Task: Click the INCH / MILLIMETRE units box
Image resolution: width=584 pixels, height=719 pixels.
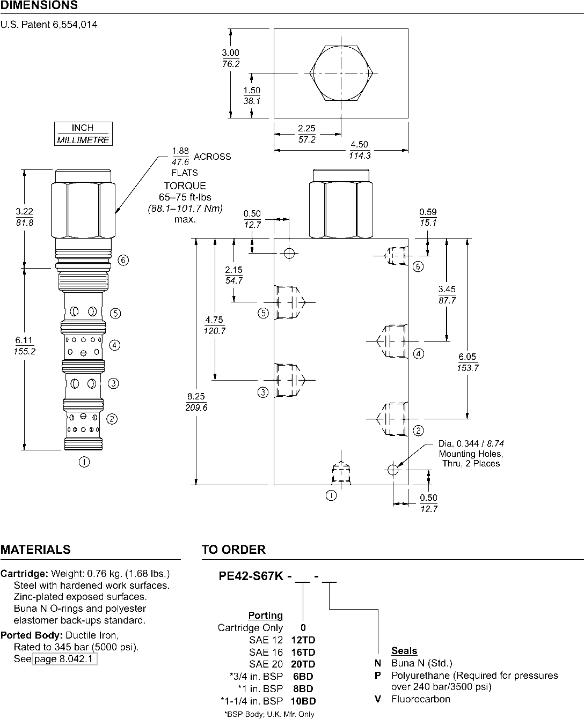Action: pos(83,134)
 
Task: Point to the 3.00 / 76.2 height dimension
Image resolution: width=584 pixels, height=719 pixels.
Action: pos(230,58)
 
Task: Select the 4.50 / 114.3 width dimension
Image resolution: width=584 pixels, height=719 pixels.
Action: pos(359,150)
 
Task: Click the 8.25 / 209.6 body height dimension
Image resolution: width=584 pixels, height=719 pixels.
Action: pos(196,402)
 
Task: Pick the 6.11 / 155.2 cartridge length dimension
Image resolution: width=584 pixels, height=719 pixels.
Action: pos(24,346)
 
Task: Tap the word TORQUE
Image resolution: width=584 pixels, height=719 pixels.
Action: pos(185,186)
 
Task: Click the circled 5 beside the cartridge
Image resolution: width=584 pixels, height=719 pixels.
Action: pos(115,314)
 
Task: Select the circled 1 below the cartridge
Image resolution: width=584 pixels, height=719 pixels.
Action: pos(84,462)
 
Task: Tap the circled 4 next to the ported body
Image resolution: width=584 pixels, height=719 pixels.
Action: pos(418,354)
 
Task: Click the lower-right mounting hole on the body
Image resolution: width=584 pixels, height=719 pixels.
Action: pos(393,470)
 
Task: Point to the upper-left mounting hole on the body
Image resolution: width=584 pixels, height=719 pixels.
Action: pos(289,253)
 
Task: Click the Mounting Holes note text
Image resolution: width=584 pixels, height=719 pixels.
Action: pos(471,454)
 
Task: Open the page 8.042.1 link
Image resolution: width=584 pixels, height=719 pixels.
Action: pos(64,658)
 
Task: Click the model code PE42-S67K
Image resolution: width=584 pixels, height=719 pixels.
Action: pos(251,576)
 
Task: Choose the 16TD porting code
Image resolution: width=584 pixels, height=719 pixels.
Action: pos(303,652)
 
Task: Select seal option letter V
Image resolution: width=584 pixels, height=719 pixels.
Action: pos(378,699)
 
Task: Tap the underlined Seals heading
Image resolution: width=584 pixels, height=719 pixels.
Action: pos(404,650)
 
